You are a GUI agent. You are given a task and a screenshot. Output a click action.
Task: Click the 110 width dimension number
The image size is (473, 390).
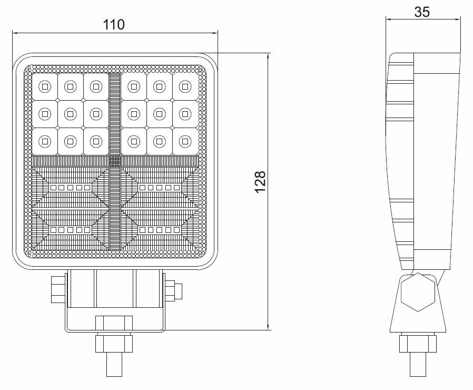[x=113, y=24]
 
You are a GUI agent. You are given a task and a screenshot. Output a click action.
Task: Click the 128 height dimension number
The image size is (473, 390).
[x=260, y=182]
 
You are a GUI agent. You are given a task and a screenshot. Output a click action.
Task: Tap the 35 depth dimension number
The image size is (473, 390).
[x=422, y=12]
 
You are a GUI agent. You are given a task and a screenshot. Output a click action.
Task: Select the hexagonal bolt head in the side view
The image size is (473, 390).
[x=418, y=292]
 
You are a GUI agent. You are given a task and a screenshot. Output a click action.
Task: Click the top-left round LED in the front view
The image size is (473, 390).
[x=45, y=86]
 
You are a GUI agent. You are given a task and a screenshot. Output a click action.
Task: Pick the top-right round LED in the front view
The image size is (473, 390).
[x=185, y=86]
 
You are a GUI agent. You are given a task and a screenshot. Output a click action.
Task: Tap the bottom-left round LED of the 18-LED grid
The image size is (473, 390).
[x=45, y=141]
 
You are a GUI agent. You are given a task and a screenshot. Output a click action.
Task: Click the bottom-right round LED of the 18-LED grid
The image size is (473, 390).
[x=185, y=141]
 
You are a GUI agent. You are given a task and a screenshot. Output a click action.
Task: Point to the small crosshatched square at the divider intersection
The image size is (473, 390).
[x=115, y=161]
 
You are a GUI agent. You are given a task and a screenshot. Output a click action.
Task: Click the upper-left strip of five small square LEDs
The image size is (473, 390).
[x=70, y=188]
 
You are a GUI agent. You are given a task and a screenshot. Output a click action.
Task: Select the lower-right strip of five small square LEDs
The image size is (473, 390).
[x=160, y=230]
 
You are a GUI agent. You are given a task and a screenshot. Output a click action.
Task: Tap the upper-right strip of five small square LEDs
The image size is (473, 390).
[x=160, y=188]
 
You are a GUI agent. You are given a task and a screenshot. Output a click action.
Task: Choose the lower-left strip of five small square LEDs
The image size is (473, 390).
[x=70, y=230]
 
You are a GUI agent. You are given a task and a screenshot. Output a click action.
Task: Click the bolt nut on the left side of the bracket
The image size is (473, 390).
[x=58, y=289]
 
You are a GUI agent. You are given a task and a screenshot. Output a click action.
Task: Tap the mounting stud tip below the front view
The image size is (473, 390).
[x=114, y=364]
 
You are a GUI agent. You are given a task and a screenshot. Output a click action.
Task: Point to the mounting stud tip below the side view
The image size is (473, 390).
[x=418, y=364]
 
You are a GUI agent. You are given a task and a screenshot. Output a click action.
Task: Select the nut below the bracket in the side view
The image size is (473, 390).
[x=418, y=344]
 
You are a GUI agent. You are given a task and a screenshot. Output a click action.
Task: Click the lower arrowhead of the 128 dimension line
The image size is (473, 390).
[x=268, y=327]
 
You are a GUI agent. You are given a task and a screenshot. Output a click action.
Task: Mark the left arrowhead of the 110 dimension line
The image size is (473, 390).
[x=16, y=33]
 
